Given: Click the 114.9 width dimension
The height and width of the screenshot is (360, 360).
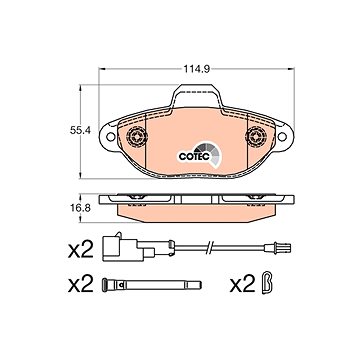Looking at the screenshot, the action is tap(196, 70).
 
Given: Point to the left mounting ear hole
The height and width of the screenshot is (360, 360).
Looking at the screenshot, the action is tap(110, 136).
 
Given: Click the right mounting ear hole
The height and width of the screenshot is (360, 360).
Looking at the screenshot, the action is tap(282, 136).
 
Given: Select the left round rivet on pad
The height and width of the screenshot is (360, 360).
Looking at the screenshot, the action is tap(137, 136).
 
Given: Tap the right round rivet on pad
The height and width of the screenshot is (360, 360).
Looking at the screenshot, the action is tap(256, 136).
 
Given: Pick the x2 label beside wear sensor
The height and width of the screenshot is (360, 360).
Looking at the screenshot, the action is tap(80, 250).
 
